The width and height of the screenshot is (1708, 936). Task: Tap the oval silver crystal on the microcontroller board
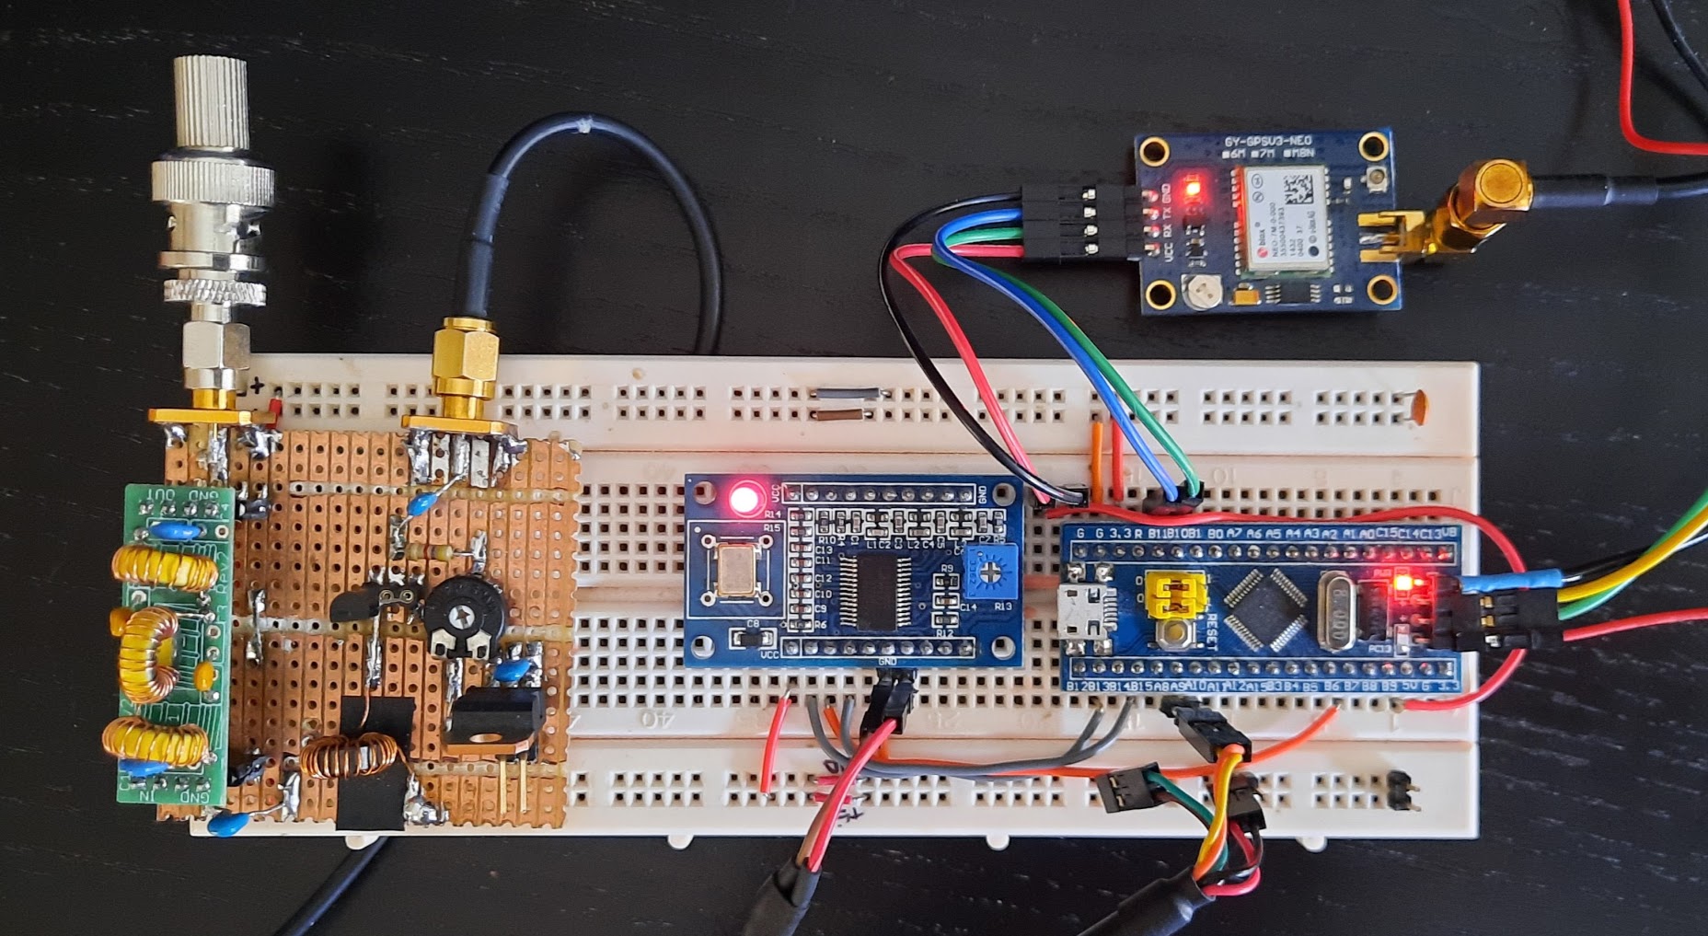(1335, 608)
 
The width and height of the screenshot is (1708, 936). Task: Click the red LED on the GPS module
(1194, 191)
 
